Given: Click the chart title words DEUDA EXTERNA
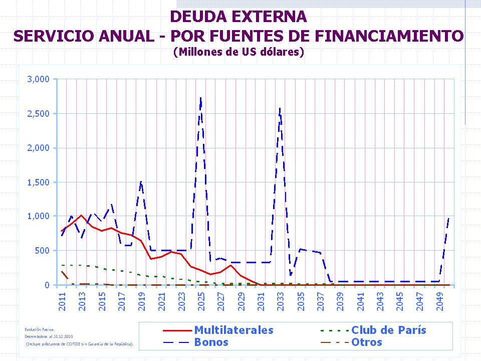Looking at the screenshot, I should point(238,17).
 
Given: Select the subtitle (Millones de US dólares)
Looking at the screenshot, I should point(238,52).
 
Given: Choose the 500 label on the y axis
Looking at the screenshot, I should point(44,251).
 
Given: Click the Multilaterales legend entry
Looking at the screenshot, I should point(233,330).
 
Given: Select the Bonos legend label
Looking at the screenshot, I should point(211,342).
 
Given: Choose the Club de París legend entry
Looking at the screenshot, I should point(389,330).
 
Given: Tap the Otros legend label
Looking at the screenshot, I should point(367,342).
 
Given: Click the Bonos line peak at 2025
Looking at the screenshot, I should point(200,98).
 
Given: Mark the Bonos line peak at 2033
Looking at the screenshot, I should point(280,108).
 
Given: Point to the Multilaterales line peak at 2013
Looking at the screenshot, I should point(81,216).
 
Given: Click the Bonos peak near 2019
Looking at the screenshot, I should point(141,182).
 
